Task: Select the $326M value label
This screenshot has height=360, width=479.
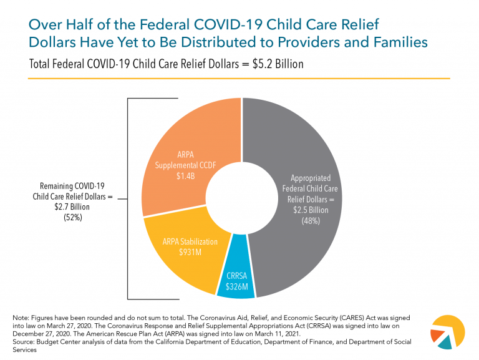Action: pyautogui.click(x=237, y=287)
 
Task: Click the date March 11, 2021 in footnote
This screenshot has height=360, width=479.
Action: pyautogui.click(x=283, y=334)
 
